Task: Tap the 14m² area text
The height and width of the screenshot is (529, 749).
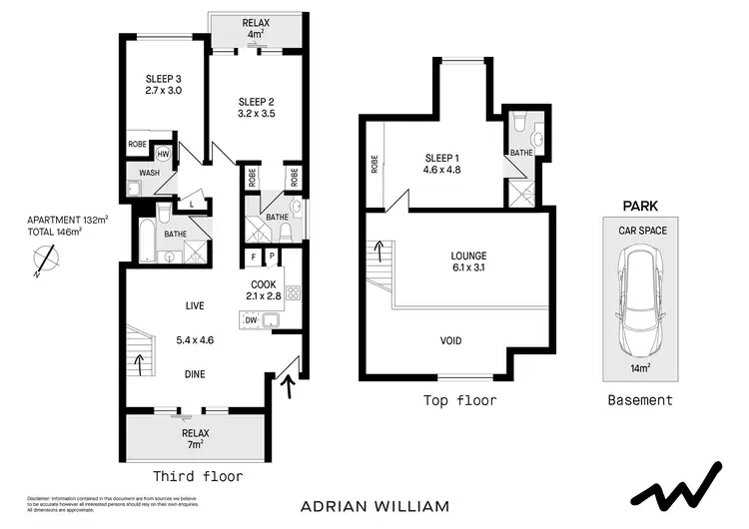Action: [640, 367]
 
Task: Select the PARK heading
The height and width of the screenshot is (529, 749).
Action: [639, 207]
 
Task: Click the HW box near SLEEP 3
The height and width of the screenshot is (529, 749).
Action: [163, 155]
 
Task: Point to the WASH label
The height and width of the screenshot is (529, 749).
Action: [149, 173]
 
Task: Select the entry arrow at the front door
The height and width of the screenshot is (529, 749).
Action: [291, 384]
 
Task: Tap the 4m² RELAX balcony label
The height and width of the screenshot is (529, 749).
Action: [256, 28]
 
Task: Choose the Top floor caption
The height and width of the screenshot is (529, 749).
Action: [460, 401]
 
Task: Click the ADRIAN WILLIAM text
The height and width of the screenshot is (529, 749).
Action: [374, 505]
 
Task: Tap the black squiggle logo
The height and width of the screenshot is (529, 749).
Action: [676, 488]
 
